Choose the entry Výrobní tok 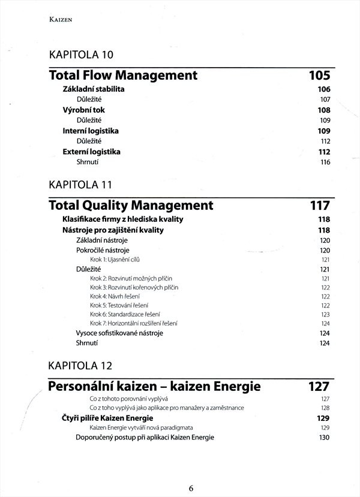click(84, 110)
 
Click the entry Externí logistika click(92, 152)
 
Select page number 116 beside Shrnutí click(325, 162)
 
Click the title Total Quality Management click(131, 206)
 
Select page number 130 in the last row click(325, 438)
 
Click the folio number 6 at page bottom click(191, 487)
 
